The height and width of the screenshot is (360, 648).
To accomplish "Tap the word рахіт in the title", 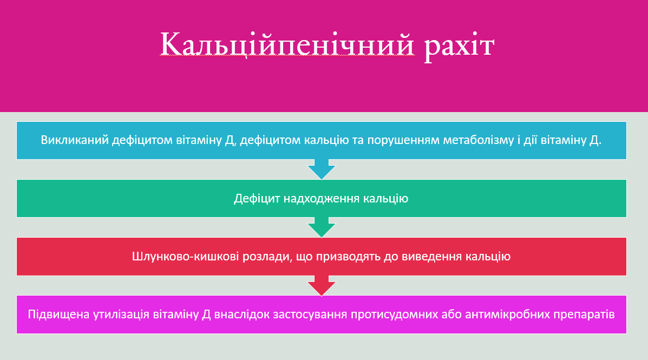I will (x=459, y=44).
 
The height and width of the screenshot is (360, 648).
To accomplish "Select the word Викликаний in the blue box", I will (x=75, y=140).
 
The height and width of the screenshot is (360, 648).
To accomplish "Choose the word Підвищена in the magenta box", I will (x=56, y=315).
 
